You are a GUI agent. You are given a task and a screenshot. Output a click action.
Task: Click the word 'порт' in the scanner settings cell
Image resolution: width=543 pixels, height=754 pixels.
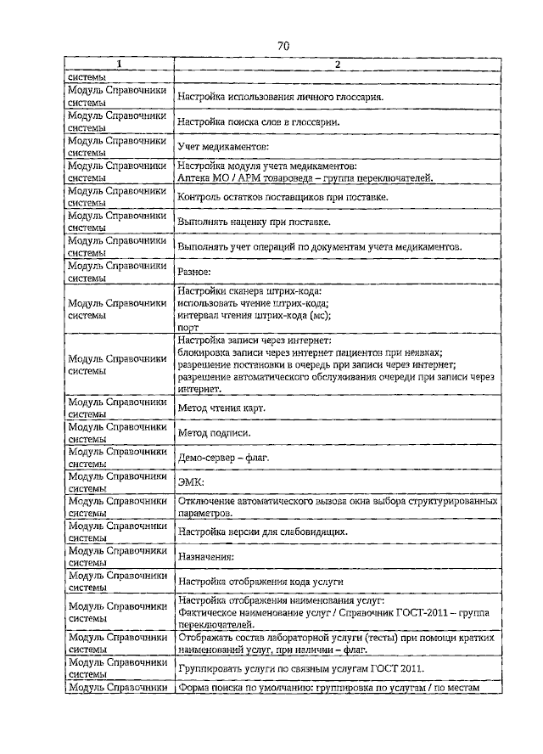(188, 327)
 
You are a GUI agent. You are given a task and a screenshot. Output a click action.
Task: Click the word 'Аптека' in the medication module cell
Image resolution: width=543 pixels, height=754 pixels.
(196, 178)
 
